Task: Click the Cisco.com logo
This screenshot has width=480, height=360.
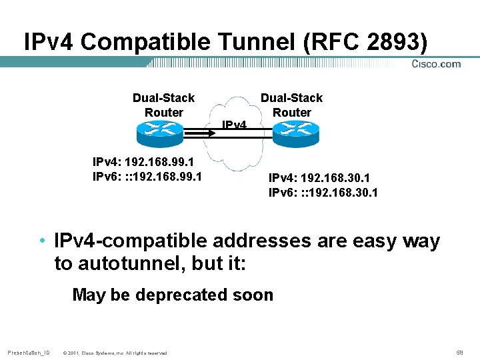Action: pyautogui.click(x=436, y=64)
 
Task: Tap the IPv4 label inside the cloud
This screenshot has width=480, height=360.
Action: pyautogui.click(x=234, y=125)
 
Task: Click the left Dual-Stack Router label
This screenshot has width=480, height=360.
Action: pyautogui.click(x=163, y=105)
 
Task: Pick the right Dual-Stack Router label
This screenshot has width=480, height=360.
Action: pyautogui.click(x=291, y=105)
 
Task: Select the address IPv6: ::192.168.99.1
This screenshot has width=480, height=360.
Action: pyautogui.click(x=147, y=177)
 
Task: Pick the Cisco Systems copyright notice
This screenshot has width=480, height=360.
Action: pyautogui.click(x=115, y=352)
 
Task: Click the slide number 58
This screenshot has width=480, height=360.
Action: pyautogui.click(x=459, y=351)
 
